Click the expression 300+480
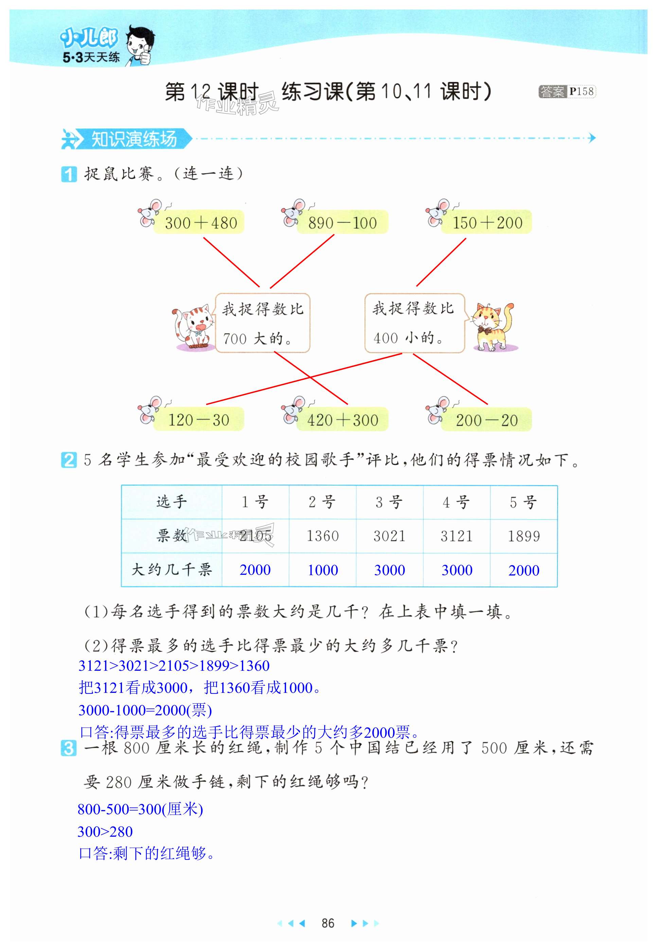coord(200,223)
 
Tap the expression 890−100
coord(342,223)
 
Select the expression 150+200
coord(487,223)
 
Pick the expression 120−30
coord(198,420)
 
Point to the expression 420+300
coord(342,420)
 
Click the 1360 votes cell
coord(322,536)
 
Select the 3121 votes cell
coord(457,536)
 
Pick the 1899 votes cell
coord(523,536)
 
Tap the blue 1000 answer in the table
coord(323,570)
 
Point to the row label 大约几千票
coord(172,570)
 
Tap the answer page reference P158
coord(581,91)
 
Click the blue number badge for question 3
coord(68,748)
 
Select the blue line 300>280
coord(105,832)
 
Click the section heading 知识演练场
coord(134,138)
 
